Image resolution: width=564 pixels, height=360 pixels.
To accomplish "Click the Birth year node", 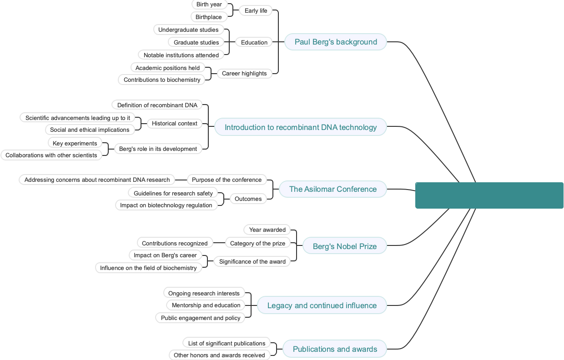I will [209, 5].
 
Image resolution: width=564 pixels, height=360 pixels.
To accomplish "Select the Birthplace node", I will [209, 17].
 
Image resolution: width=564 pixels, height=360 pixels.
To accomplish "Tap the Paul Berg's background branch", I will [336, 42].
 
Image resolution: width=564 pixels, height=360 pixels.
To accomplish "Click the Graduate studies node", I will [196, 43].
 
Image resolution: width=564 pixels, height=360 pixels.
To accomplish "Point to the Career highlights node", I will [244, 74].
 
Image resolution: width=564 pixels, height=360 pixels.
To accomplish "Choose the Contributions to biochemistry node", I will [162, 80].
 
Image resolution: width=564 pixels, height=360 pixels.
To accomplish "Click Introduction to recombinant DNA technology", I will [300, 127].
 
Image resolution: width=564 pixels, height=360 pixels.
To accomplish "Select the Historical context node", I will [175, 124].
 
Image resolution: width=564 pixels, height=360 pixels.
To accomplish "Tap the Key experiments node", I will [75, 144].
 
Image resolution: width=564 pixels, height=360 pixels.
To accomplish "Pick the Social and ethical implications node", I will [90, 130].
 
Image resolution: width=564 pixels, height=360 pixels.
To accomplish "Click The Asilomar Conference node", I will [332, 189].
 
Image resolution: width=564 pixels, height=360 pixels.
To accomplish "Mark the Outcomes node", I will [248, 199].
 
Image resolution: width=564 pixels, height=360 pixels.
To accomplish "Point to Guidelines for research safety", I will [173, 194].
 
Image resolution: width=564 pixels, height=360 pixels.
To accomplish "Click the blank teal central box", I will [489, 195].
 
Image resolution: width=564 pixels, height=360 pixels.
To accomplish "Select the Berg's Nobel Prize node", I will [344, 246].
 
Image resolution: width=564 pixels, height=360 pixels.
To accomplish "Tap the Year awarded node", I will [267, 230].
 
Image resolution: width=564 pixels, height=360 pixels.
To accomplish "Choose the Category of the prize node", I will [257, 244].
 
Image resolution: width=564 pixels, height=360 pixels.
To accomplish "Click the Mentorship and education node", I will [206, 305].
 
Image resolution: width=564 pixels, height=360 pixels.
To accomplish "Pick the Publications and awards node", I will [335, 349].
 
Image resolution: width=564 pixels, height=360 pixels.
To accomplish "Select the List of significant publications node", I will [227, 344].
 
